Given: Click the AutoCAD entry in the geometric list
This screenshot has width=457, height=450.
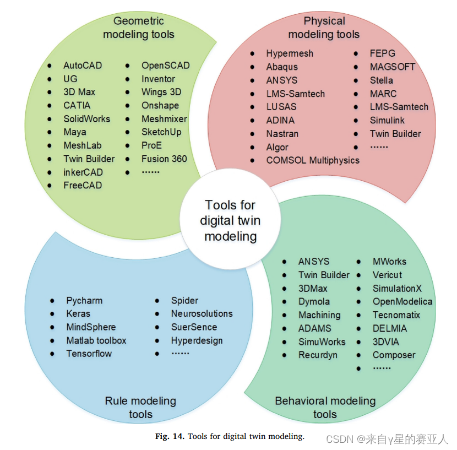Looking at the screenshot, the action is pos(83,65).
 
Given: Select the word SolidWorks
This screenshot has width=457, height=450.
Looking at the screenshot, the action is pos(86,118).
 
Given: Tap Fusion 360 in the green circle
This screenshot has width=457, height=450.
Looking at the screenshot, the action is pos(164,159).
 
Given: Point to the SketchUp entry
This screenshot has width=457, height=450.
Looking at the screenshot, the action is pos(161,132).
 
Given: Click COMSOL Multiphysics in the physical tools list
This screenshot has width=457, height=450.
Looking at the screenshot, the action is pos(312,160).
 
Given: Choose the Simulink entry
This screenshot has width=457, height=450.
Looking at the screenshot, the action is pos(387,120).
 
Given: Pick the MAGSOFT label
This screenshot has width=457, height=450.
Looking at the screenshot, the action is pos(393,67).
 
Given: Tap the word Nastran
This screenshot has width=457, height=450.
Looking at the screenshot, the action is pos(282,133).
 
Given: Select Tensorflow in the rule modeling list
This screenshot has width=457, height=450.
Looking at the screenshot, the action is pos(89,354).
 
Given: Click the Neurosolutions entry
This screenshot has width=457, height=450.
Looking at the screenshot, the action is pos(202,313).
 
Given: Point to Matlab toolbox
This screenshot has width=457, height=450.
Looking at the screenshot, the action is pos(96,340).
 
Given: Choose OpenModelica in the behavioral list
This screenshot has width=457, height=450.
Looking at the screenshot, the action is pos(402,301).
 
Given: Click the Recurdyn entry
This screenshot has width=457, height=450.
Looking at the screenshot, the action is pos(318,355).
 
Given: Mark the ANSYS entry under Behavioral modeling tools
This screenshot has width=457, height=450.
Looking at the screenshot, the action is pos(314,262).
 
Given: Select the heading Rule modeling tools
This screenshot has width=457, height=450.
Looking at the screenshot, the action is pos(140,407).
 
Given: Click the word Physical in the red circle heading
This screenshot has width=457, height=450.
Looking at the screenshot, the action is pos(324,21).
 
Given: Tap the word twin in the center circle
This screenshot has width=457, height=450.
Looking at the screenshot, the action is pos(247,221).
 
